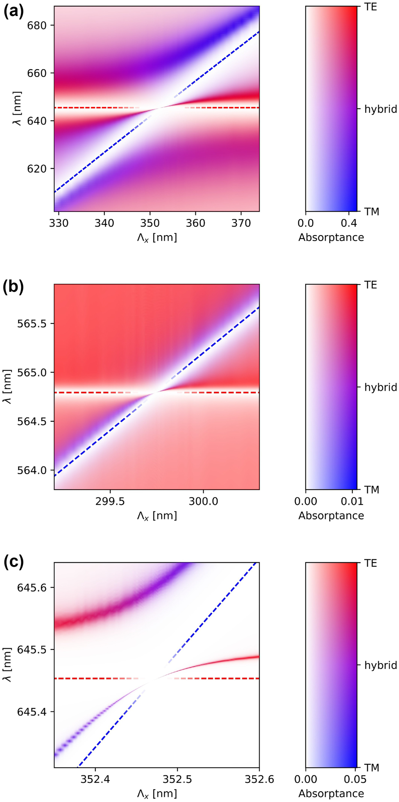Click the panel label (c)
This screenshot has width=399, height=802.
[x=13, y=562]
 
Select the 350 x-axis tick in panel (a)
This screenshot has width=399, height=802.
[x=150, y=223]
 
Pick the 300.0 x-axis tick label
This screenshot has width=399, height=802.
[x=203, y=501]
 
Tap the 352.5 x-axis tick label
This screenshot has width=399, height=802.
[x=177, y=779]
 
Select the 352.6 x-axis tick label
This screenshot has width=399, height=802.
[x=259, y=779]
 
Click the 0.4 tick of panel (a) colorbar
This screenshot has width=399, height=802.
[x=349, y=223]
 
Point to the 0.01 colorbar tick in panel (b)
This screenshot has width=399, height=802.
[x=352, y=501]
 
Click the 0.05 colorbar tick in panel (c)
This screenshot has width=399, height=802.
[x=354, y=779]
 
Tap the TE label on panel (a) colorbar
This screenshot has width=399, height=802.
[x=371, y=7]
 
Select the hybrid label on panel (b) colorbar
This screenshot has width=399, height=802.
[x=381, y=387]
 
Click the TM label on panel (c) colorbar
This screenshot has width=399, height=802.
[x=372, y=768]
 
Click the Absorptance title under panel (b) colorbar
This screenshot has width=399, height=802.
[x=331, y=516]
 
